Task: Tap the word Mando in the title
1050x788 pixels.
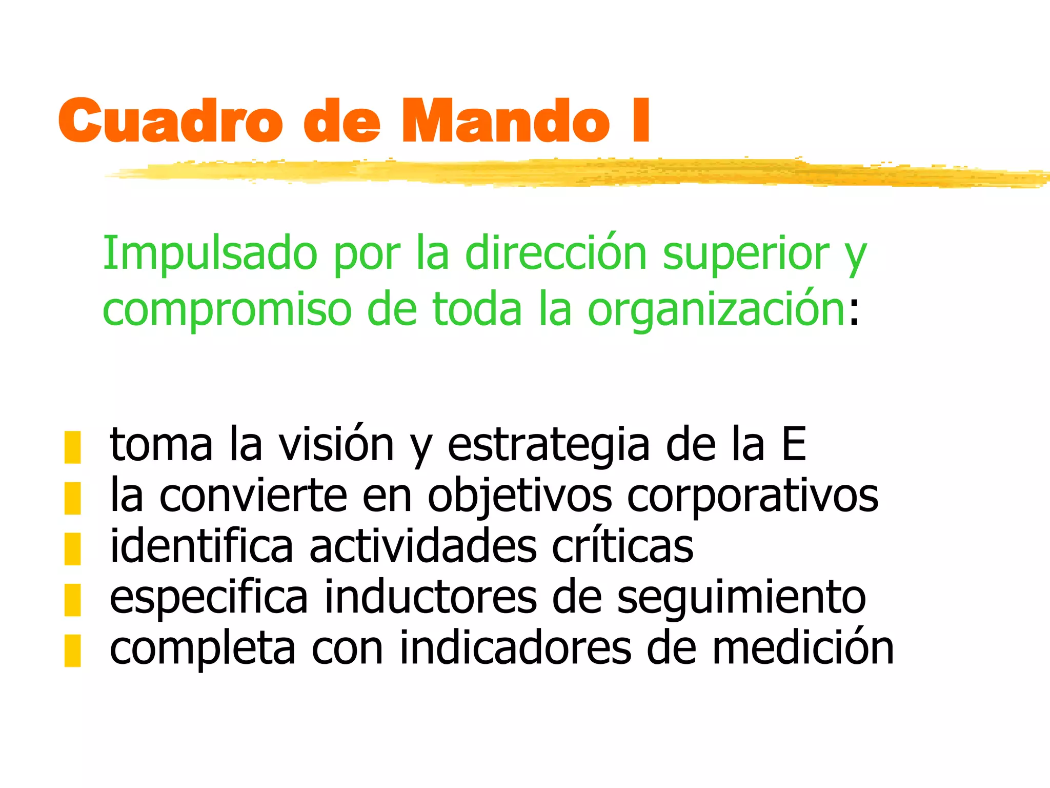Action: point(505,121)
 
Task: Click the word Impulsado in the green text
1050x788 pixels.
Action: point(210,254)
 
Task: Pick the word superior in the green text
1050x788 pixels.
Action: point(746,254)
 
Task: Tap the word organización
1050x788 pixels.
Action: point(716,310)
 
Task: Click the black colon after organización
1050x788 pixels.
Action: point(853,314)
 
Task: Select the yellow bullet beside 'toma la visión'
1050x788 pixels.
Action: point(72,447)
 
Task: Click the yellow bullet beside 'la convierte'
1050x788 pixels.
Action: point(72,498)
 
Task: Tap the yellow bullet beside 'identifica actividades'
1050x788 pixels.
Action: point(72,548)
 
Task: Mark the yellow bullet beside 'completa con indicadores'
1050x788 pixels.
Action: point(72,650)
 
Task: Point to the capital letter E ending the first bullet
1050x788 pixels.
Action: point(794,444)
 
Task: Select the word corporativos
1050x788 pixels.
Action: point(753,497)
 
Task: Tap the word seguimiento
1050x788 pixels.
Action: point(741,598)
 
